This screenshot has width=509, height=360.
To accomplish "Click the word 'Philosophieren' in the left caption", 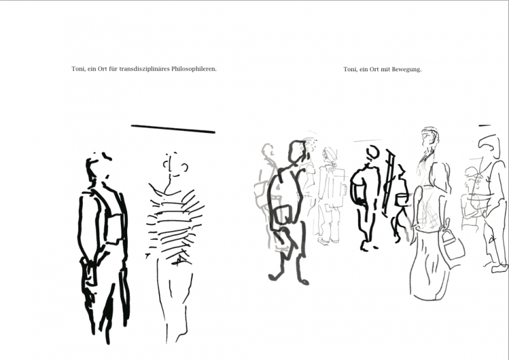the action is pos(193,69).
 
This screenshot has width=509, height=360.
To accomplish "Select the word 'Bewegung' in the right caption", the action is pos(406,69).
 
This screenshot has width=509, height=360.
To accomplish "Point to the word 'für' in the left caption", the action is pos(113,69).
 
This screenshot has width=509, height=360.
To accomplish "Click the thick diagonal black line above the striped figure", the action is pos(173,129).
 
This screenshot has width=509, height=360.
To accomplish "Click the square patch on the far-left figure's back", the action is pos(115,229).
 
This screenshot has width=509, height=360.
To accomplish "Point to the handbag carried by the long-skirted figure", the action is pos(452,244).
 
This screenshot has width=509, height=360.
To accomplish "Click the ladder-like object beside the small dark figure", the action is pos(389,183).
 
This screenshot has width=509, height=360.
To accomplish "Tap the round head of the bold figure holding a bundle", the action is pos(372,153).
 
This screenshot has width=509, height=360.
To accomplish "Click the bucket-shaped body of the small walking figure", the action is pos(401,200).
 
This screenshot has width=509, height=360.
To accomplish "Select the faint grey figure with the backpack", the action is pos(330,197).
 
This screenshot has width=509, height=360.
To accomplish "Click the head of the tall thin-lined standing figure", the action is pos(430,138).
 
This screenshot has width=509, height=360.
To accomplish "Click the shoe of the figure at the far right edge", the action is pos(500,268).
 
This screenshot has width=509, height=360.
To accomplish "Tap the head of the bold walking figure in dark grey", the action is pos(297,151).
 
